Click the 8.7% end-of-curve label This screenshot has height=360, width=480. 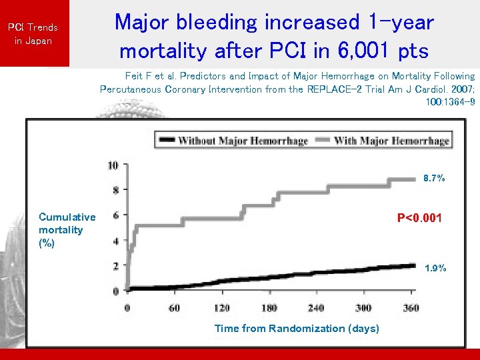pyautogui.click(x=434, y=179)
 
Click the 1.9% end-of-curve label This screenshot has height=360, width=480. pyautogui.click(x=435, y=269)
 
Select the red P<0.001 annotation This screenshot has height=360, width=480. pyautogui.click(x=419, y=218)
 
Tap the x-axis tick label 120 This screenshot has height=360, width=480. pyautogui.click(x=221, y=308)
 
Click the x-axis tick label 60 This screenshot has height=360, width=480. pyautogui.click(x=174, y=308)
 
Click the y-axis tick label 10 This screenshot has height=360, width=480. pyautogui.click(x=113, y=165)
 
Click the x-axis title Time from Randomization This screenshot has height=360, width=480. pyautogui.click(x=297, y=328)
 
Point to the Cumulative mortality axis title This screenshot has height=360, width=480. pyautogui.click(x=67, y=229)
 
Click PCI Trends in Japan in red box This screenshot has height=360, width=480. pyautogui.click(x=33, y=34)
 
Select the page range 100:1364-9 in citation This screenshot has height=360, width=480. pyautogui.click(x=450, y=101)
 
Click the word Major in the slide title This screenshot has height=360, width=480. pyautogui.click(x=140, y=22)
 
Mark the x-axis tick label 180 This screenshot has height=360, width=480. pyautogui.click(x=269, y=308)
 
